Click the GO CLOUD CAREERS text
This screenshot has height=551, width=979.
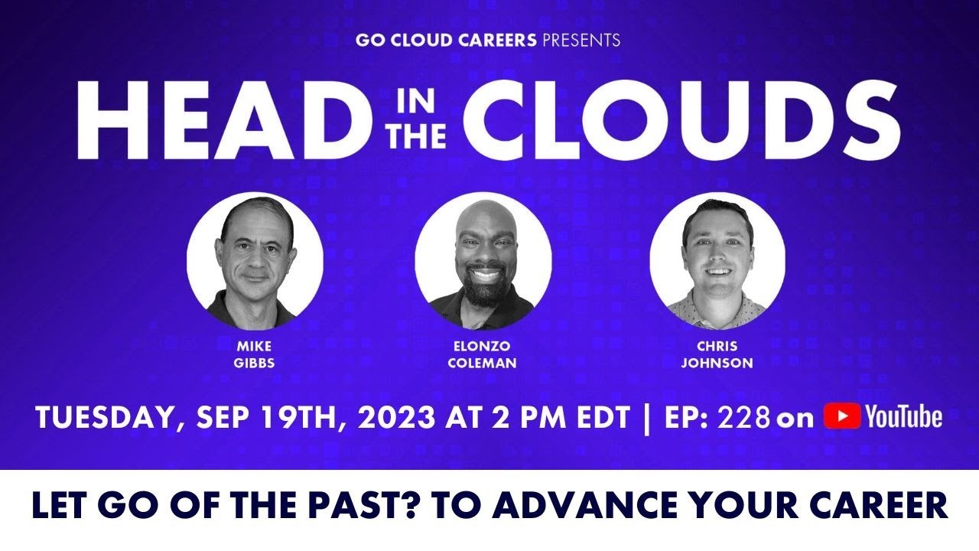[446, 40]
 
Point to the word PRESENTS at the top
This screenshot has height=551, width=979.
[581, 40]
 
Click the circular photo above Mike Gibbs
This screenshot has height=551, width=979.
[255, 260]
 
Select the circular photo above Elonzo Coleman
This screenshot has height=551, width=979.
[483, 260]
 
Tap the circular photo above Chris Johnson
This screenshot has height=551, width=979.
[717, 260]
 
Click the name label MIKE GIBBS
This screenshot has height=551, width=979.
[255, 354]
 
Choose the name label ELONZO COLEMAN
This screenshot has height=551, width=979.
[482, 354]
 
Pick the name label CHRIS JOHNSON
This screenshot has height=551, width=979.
[717, 354]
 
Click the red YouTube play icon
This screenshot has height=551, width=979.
[841, 417]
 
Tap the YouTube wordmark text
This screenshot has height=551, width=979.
[903, 417]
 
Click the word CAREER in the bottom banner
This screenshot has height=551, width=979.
[879, 507]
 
